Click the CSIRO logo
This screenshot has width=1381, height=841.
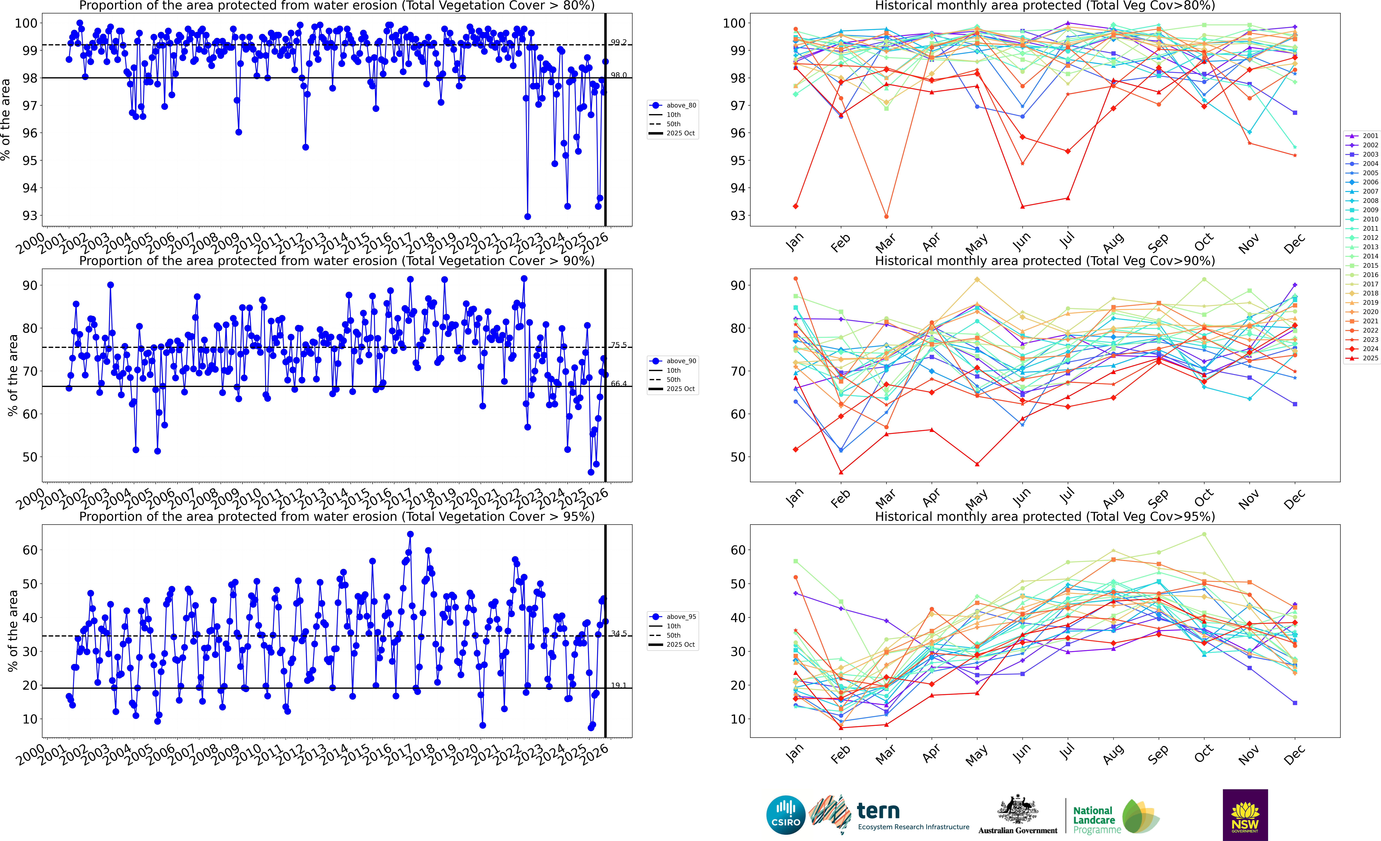point(786,815)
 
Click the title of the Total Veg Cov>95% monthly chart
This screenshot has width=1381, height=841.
point(1045,516)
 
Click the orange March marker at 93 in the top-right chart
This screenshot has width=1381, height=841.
point(886,216)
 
